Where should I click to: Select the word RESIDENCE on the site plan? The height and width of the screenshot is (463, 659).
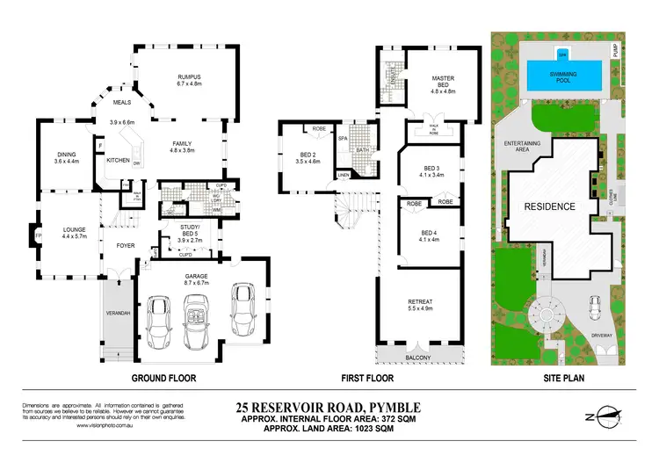[x=550, y=207]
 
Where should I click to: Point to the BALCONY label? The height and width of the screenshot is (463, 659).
[x=418, y=358]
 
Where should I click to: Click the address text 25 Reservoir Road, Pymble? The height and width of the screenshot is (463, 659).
[x=329, y=407]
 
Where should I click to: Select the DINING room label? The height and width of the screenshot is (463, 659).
[x=66, y=156]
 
